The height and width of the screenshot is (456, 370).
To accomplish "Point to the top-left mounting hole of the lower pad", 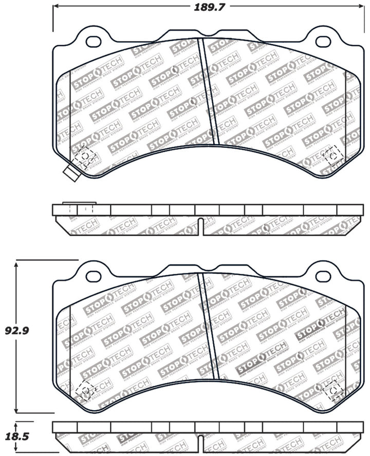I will pos(94,275).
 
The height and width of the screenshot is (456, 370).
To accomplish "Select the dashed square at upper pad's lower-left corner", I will pos(84,156).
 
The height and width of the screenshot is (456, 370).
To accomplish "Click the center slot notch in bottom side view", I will pos(200,442).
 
